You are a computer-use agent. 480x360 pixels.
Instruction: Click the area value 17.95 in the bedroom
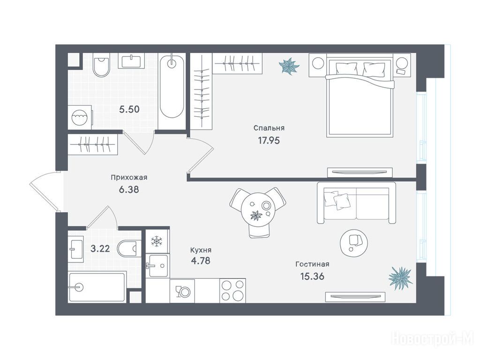pyautogui.click(x=269, y=141)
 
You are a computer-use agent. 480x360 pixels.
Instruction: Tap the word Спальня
pyautogui.click(x=269, y=128)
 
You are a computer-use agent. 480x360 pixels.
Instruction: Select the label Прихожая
pyautogui.click(x=129, y=178)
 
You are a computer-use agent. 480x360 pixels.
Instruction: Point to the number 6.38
pyautogui.click(x=129, y=190)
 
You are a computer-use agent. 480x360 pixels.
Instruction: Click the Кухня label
pyautogui.click(x=201, y=250)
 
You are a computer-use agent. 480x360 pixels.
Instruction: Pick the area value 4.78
pyautogui.click(x=201, y=261)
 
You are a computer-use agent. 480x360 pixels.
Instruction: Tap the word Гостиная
pyautogui.click(x=312, y=264)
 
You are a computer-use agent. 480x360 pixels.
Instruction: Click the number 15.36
pyautogui.click(x=312, y=277)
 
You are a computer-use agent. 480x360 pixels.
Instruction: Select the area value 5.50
pyautogui.click(x=129, y=109)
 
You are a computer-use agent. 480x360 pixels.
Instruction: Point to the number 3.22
pyautogui.click(x=100, y=248)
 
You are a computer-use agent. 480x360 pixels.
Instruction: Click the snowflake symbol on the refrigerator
pyautogui.click(x=157, y=241)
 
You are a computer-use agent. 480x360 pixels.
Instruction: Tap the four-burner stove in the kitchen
pyautogui.click(x=232, y=291)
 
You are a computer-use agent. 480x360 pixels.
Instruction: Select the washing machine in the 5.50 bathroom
pyautogui.click(x=80, y=117)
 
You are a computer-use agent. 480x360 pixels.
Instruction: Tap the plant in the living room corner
pyautogui.click(x=400, y=277)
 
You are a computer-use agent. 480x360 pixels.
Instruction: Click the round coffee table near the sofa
pyautogui.click(x=354, y=243)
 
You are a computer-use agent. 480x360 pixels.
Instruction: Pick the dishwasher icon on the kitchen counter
pyautogui.click(x=182, y=291)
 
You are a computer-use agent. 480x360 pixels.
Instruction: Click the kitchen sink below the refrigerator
pyautogui.click(x=157, y=266)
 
